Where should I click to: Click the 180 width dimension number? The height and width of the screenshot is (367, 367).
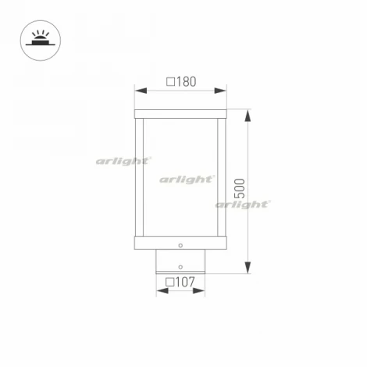[185, 81]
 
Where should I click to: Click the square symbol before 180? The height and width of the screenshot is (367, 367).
[169, 81]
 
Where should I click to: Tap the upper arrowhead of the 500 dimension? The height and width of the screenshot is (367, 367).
[248, 116]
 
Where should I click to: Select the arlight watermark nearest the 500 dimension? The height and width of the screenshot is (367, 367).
[243, 205]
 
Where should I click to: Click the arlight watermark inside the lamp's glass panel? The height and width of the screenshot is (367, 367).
[187, 179]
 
